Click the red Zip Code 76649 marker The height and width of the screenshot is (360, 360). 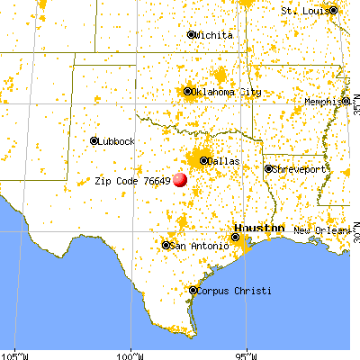tap(180, 179)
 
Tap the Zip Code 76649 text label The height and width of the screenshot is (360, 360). tap(132, 180)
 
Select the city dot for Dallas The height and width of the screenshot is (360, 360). tap(203, 161)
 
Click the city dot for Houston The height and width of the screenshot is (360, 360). tap(236, 238)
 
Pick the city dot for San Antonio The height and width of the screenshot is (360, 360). tap(166, 245)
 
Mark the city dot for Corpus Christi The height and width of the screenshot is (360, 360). tap(193, 290)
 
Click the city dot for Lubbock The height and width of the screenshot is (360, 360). tap(94, 141)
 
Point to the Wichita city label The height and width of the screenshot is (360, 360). tap(215, 35)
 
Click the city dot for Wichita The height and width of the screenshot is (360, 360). tap(191, 35)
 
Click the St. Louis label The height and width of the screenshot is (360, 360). tap(303, 10)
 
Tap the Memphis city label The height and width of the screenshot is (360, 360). tap(323, 102)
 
